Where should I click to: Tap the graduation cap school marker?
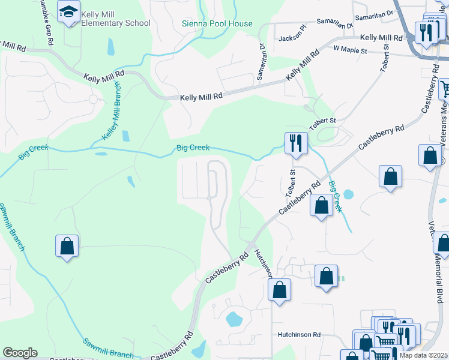tap(68, 11)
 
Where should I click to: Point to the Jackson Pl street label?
tap(293, 39)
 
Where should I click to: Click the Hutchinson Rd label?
tap(299, 335)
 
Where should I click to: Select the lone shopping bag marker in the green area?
tap(67, 245)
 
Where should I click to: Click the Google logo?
tap(20, 353)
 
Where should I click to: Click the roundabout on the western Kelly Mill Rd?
tap(93, 99)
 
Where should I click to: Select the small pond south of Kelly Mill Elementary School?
tap(111, 46)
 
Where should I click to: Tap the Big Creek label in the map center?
tap(191, 148)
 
